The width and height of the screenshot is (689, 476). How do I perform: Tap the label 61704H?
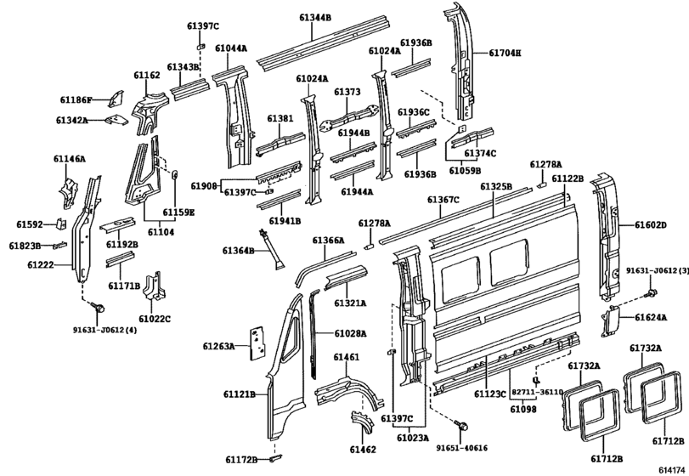[505, 53]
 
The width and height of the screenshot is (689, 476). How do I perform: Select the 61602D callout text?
[651, 225]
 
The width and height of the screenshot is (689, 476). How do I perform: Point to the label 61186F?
[76, 100]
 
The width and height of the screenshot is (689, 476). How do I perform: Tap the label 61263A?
[219, 347]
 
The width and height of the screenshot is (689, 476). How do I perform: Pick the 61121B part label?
[240, 394]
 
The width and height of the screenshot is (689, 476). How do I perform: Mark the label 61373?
[347, 92]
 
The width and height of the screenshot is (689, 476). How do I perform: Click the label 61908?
[204, 185]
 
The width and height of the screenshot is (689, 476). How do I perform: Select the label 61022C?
[154, 319]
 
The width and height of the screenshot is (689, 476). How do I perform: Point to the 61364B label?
[238, 251]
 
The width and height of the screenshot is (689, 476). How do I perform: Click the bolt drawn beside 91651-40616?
[462, 423]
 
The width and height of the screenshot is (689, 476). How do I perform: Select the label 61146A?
[69, 159]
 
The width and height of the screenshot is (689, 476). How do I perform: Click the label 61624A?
[650, 319]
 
